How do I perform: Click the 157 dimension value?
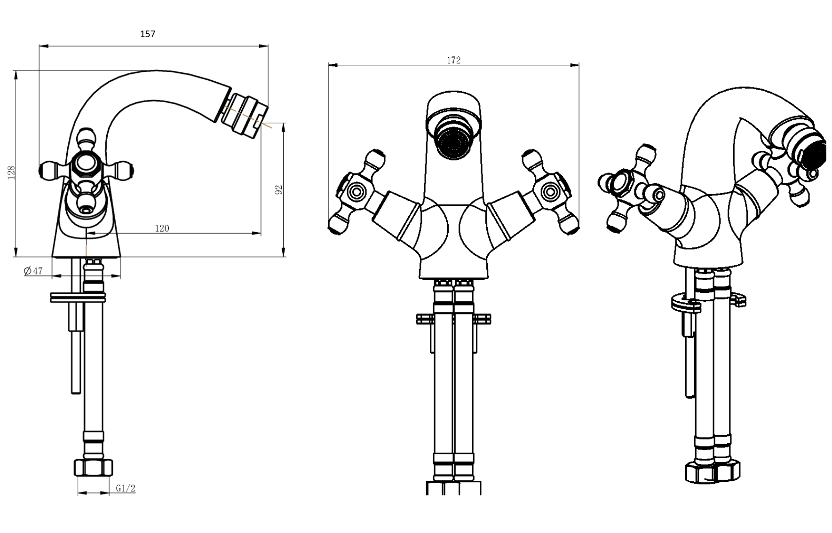(148, 34)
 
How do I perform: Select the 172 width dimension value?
(453, 60)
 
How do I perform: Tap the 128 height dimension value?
(12, 172)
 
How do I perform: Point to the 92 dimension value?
(278, 190)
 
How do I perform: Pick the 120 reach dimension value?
(162, 228)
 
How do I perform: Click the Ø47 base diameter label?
(33, 271)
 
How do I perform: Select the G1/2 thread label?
(126, 488)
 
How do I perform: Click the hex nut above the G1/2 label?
(94, 467)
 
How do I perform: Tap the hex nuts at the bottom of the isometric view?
(712, 471)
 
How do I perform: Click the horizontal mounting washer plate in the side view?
(78, 297)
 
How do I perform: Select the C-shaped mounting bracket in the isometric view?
(708, 302)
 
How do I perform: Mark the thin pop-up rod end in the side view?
(76, 390)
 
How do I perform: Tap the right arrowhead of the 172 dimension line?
(576, 65)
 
